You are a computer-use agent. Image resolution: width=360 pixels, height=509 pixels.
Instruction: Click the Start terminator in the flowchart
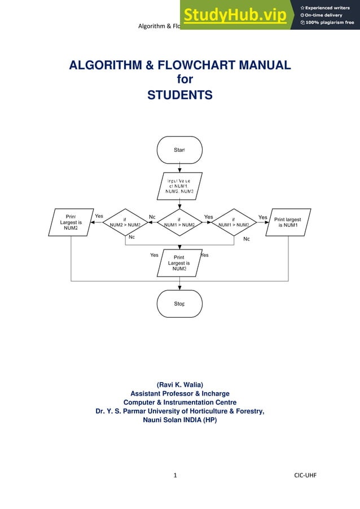coord(179,150)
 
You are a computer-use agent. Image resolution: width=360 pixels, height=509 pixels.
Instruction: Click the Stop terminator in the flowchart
coord(179,304)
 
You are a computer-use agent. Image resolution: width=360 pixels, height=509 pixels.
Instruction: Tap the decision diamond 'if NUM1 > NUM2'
coord(179,222)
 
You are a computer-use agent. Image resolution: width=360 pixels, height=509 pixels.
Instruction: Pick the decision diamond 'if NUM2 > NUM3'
coord(125,222)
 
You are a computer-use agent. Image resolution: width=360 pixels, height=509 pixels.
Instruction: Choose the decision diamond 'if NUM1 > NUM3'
coord(234,222)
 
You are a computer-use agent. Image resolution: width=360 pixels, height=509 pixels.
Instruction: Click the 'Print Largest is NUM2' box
coord(71,222)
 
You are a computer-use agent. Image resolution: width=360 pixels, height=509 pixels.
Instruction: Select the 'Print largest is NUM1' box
coord(288,222)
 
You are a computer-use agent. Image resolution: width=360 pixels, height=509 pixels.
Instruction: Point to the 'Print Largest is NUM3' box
coord(179,263)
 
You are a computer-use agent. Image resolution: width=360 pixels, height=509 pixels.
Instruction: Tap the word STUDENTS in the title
coord(179,95)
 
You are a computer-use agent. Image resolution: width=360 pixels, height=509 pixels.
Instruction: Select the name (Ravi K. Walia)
coord(179,384)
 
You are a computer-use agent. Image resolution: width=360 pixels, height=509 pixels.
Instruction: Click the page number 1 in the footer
coord(177,475)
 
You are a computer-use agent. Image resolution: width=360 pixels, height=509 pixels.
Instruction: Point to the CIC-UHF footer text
coord(305,475)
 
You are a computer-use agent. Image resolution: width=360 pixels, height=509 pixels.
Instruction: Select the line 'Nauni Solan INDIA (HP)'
coord(179,420)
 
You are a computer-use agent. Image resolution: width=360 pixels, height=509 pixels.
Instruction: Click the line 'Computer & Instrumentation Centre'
coord(179,402)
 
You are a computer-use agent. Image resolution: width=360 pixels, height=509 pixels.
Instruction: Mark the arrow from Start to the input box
coord(179,168)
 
